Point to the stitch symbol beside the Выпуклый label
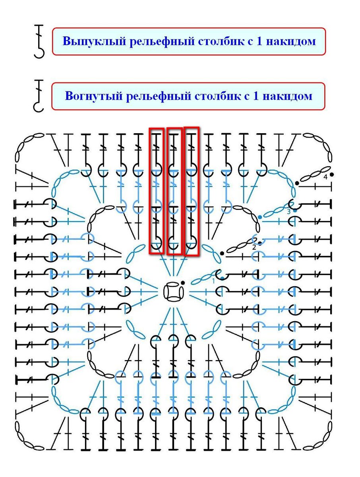[39, 41]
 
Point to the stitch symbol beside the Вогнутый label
[39, 96]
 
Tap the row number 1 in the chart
[213, 281]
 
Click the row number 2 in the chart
[254, 247]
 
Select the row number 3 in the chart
[288, 211]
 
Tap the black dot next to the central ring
[183, 283]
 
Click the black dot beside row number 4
[331, 175]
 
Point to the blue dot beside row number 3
[295, 211]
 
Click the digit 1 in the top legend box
[259, 41]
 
